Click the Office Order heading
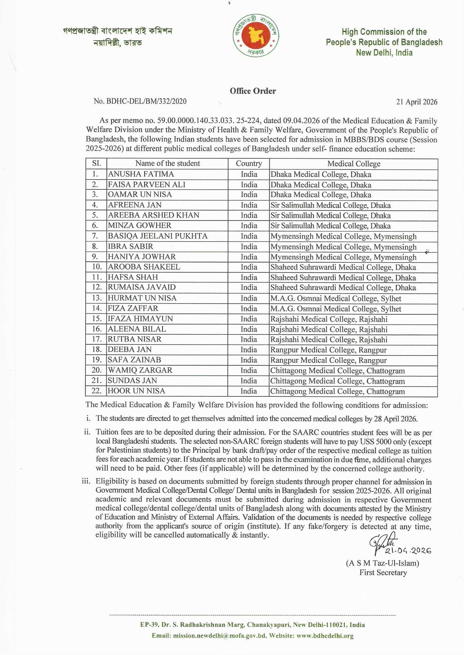pos(253,91)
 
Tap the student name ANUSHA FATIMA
pos(141,174)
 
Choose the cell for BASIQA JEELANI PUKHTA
pos(158,236)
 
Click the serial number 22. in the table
pos(96,391)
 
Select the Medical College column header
pos(354,164)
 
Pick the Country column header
pos(249,164)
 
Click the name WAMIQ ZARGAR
pos(140,370)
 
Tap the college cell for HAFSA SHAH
pos(343,277)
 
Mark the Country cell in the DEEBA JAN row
pos(249,350)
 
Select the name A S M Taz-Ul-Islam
pos(382,563)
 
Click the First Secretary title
pos(383,572)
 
